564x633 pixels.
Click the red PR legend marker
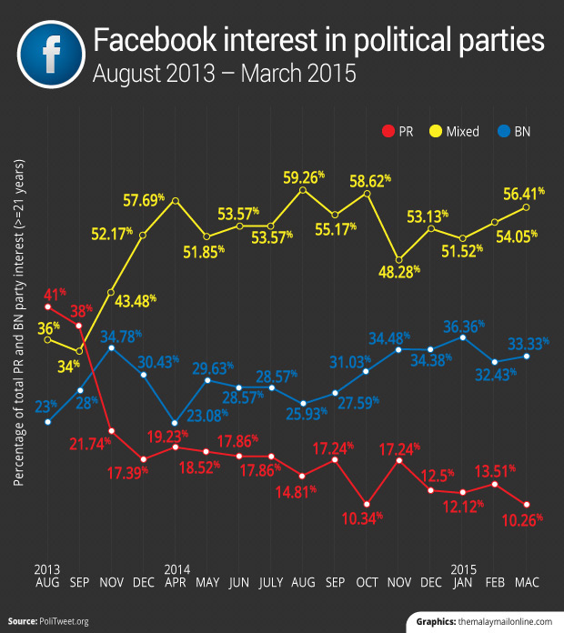tap(389, 131)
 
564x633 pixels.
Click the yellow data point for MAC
tap(527, 207)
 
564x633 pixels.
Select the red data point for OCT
tap(367, 504)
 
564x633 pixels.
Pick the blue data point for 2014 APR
tap(175, 422)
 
